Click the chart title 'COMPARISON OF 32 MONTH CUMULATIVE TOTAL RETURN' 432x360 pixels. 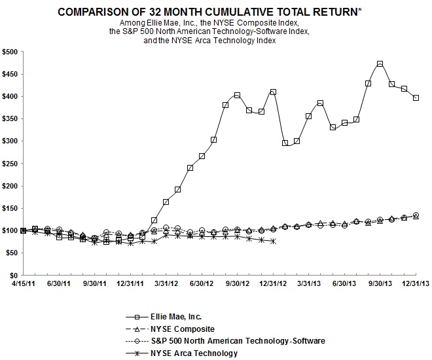pyautogui.click(x=210, y=12)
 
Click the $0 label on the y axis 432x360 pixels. pyautogui.click(x=14, y=276)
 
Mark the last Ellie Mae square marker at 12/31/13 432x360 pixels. pyautogui.click(x=416, y=98)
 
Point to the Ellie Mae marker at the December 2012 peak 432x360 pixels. pyautogui.click(x=273, y=92)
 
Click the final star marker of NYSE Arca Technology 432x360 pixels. pyautogui.click(x=273, y=242)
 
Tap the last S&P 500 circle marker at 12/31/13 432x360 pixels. pyautogui.click(x=416, y=215)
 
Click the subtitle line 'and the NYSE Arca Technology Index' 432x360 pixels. pyautogui.click(x=210, y=41)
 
